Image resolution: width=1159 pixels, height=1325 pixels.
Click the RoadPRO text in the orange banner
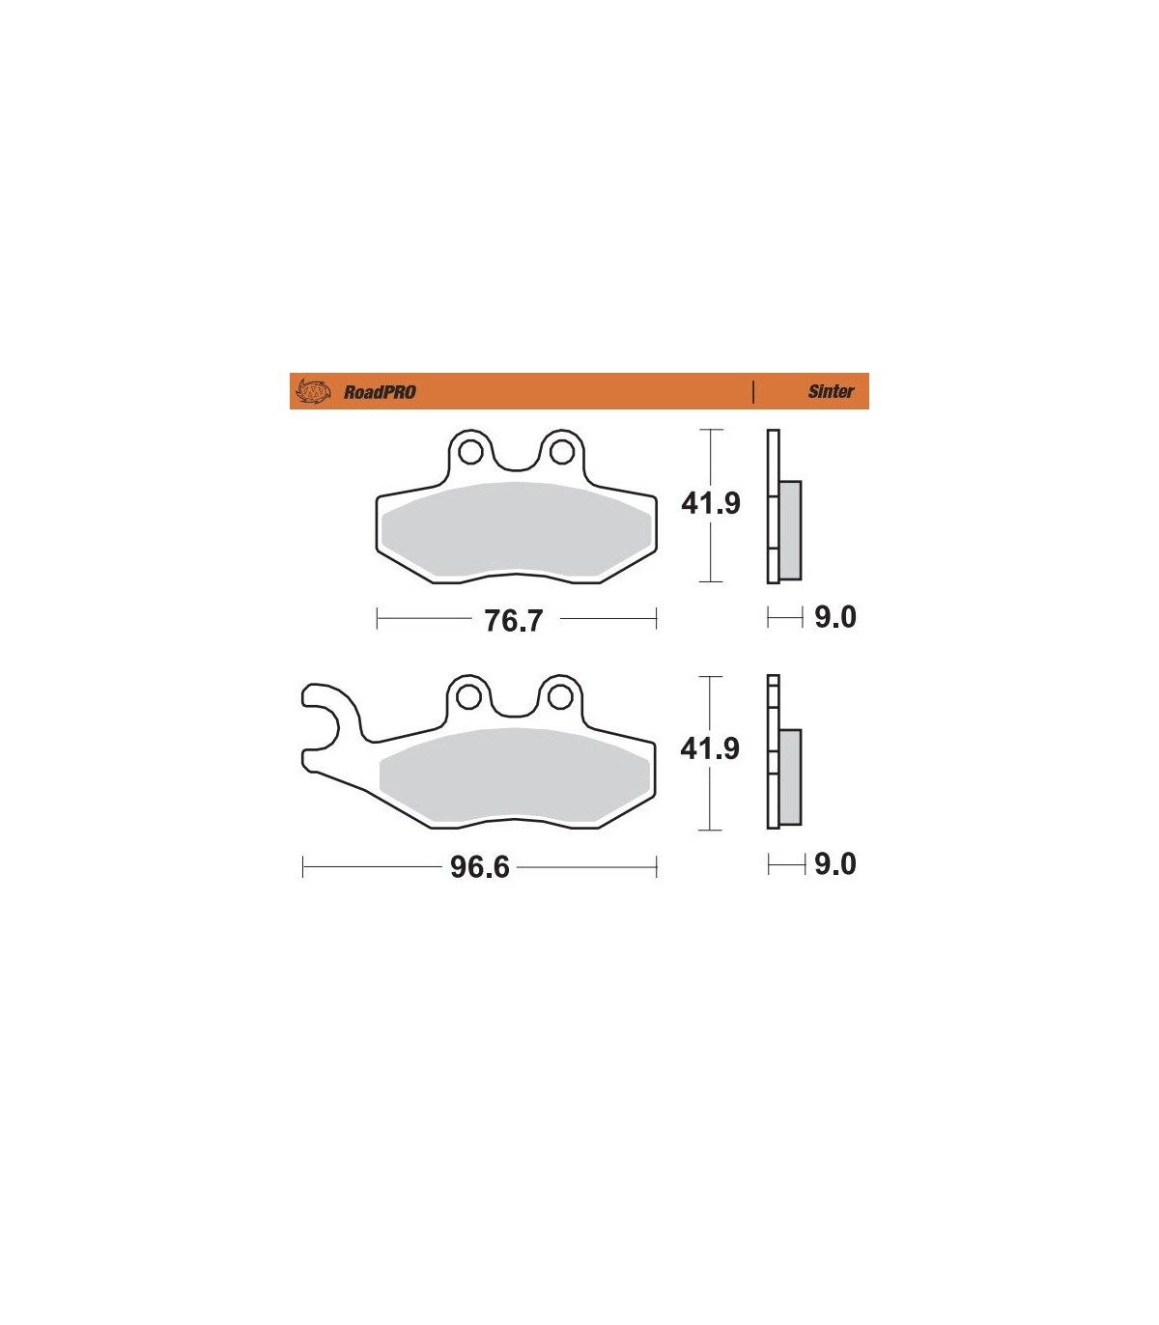coord(380,392)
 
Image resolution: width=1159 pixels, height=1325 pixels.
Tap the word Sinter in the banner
coord(831,391)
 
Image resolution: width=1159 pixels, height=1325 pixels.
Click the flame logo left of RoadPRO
coord(313,391)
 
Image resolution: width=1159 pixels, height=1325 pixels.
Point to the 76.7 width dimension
coord(514,620)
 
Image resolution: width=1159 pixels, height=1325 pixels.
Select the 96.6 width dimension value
coord(480,867)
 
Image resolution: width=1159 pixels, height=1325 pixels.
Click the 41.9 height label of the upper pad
coord(710,503)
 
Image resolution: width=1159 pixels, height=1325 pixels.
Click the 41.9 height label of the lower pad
coord(710,748)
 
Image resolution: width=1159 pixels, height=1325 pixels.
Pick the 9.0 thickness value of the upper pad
coord(835,617)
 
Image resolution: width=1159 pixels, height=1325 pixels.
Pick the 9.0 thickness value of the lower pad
coord(835,864)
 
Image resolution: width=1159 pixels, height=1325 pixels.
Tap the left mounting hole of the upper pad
coord(470,452)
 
